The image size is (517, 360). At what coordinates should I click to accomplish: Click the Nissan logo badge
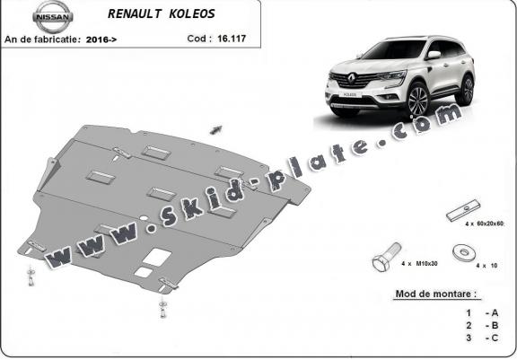tap(52, 16)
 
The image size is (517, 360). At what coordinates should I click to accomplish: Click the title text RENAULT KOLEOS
tap(162, 13)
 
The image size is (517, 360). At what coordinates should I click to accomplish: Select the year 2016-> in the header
tap(101, 40)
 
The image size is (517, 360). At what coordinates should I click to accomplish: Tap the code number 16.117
tap(232, 39)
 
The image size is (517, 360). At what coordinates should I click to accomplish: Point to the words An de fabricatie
tap(42, 40)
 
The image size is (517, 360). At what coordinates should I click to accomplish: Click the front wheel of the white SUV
tap(418, 100)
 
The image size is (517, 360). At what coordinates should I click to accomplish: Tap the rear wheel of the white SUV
tap(466, 91)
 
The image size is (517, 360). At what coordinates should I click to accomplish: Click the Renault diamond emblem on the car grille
tap(352, 79)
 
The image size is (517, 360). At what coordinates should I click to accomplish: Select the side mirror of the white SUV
tap(434, 55)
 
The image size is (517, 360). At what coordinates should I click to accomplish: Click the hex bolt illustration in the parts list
tap(387, 257)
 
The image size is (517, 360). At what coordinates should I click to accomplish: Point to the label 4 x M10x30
tap(419, 264)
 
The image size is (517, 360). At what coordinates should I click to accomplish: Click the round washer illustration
tap(463, 253)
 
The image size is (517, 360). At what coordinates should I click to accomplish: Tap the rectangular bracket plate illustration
tap(463, 210)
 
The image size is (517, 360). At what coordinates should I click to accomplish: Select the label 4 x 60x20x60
tap(485, 224)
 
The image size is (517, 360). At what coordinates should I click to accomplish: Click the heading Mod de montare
tap(436, 294)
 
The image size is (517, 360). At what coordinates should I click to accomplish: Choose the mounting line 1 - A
tap(482, 312)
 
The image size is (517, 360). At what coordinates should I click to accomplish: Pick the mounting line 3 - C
tap(482, 338)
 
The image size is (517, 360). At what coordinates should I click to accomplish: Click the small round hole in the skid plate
tap(144, 218)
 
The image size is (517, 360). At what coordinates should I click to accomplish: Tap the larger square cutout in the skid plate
tap(157, 257)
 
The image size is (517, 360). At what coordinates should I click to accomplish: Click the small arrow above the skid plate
tap(216, 130)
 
